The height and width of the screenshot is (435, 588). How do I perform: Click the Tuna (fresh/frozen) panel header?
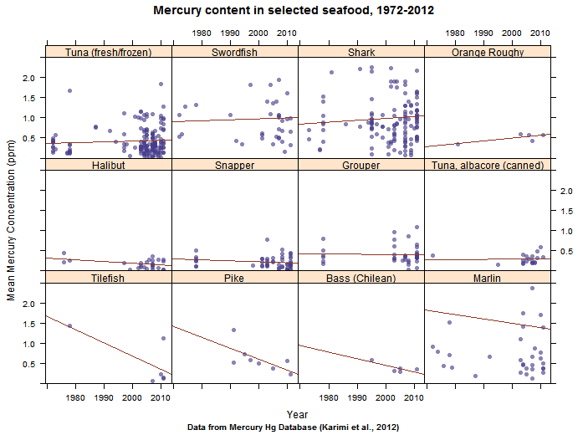pyautogui.click(x=109, y=53)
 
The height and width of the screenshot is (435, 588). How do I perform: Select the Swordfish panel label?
pyautogui.click(x=235, y=53)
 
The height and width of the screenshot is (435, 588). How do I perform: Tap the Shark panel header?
pyautogui.click(x=361, y=53)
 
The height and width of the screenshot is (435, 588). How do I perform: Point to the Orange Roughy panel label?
pyautogui.click(x=488, y=53)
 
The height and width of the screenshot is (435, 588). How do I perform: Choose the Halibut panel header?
pyautogui.click(x=109, y=165)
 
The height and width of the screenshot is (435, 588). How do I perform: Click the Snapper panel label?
pyautogui.click(x=235, y=165)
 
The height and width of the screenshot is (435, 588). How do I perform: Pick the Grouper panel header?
pyautogui.click(x=361, y=165)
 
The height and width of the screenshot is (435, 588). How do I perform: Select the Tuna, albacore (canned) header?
pyautogui.click(x=488, y=165)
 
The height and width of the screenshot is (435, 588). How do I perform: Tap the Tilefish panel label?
pyautogui.click(x=109, y=277)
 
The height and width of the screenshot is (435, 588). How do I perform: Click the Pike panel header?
pyautogui.click(x=235, y=277)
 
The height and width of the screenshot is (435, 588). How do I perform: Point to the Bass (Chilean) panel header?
pyautogui.click(x=361, y=277)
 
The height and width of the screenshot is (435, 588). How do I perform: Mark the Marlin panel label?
pyautogui.click(x=488, y=277)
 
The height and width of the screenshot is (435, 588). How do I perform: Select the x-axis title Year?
pyautogui.click(x=297, y=413)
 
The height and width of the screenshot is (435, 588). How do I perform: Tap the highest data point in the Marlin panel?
pyautogui.click(x=532, y=289)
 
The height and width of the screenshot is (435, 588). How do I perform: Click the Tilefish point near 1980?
pyautogui.click(x=69, y=325)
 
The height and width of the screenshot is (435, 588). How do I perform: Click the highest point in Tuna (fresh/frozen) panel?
pyautogui.click(x=161, y=84)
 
